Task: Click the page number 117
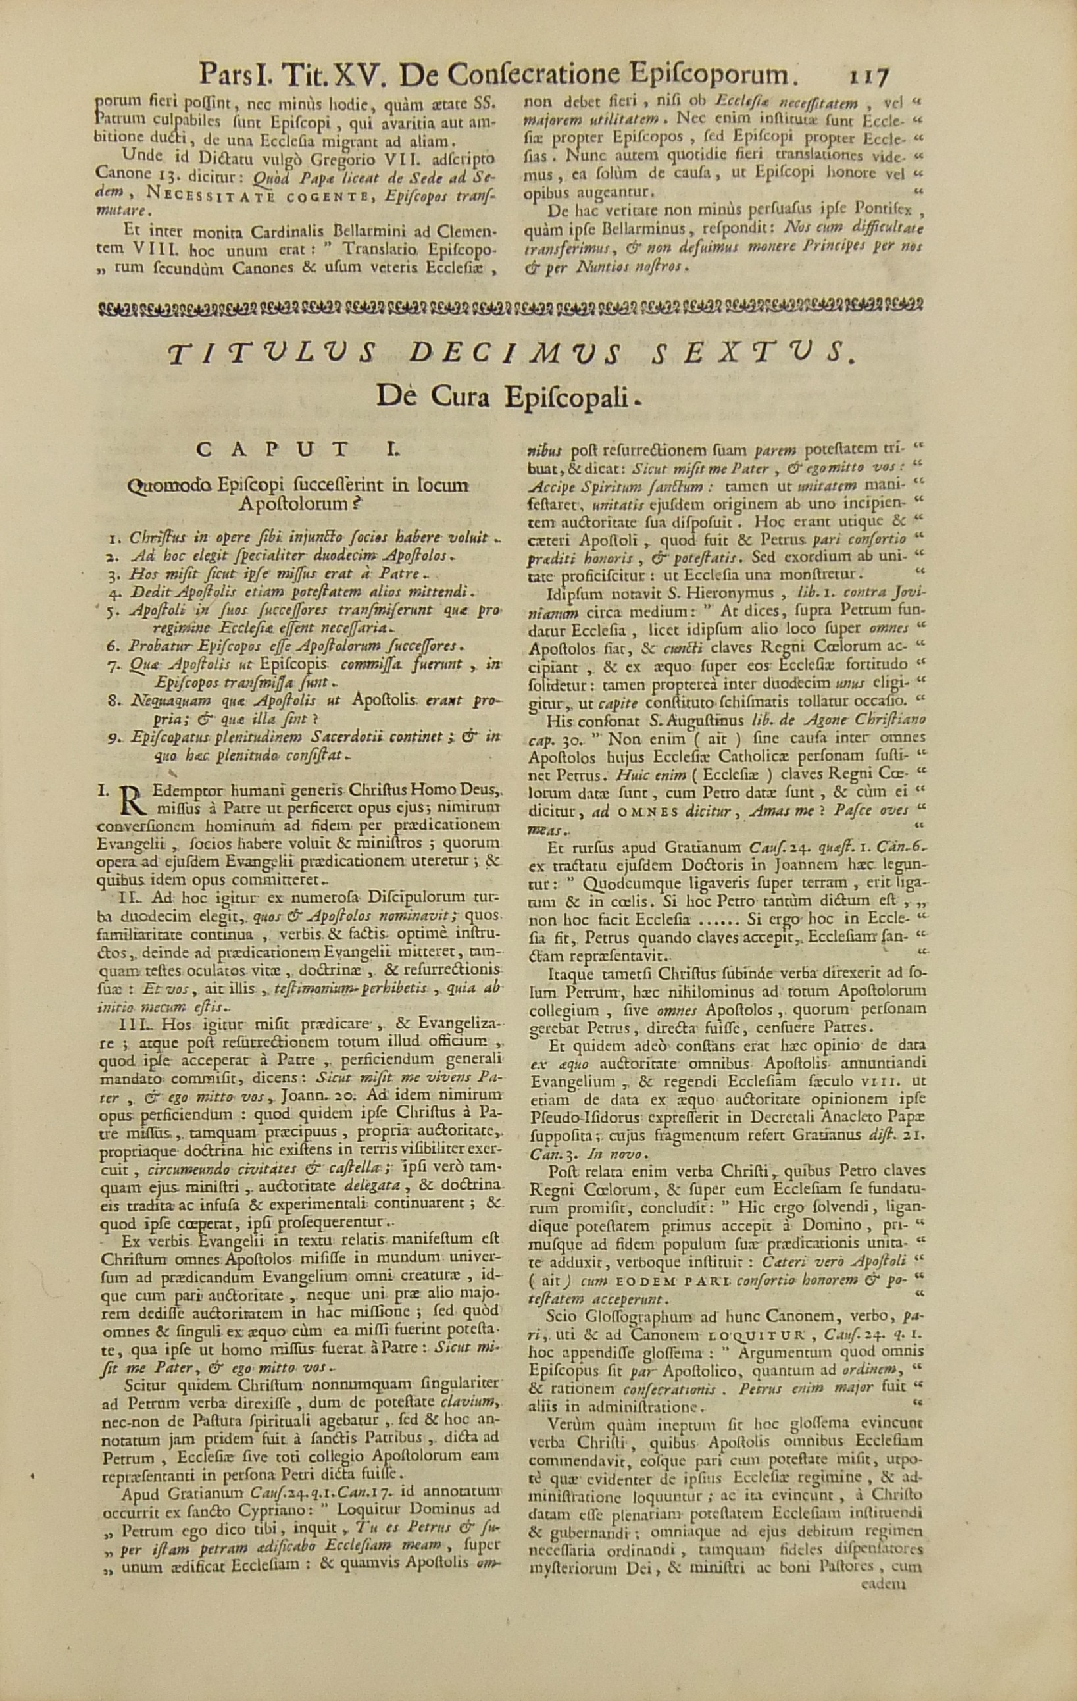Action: (863, 74)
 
